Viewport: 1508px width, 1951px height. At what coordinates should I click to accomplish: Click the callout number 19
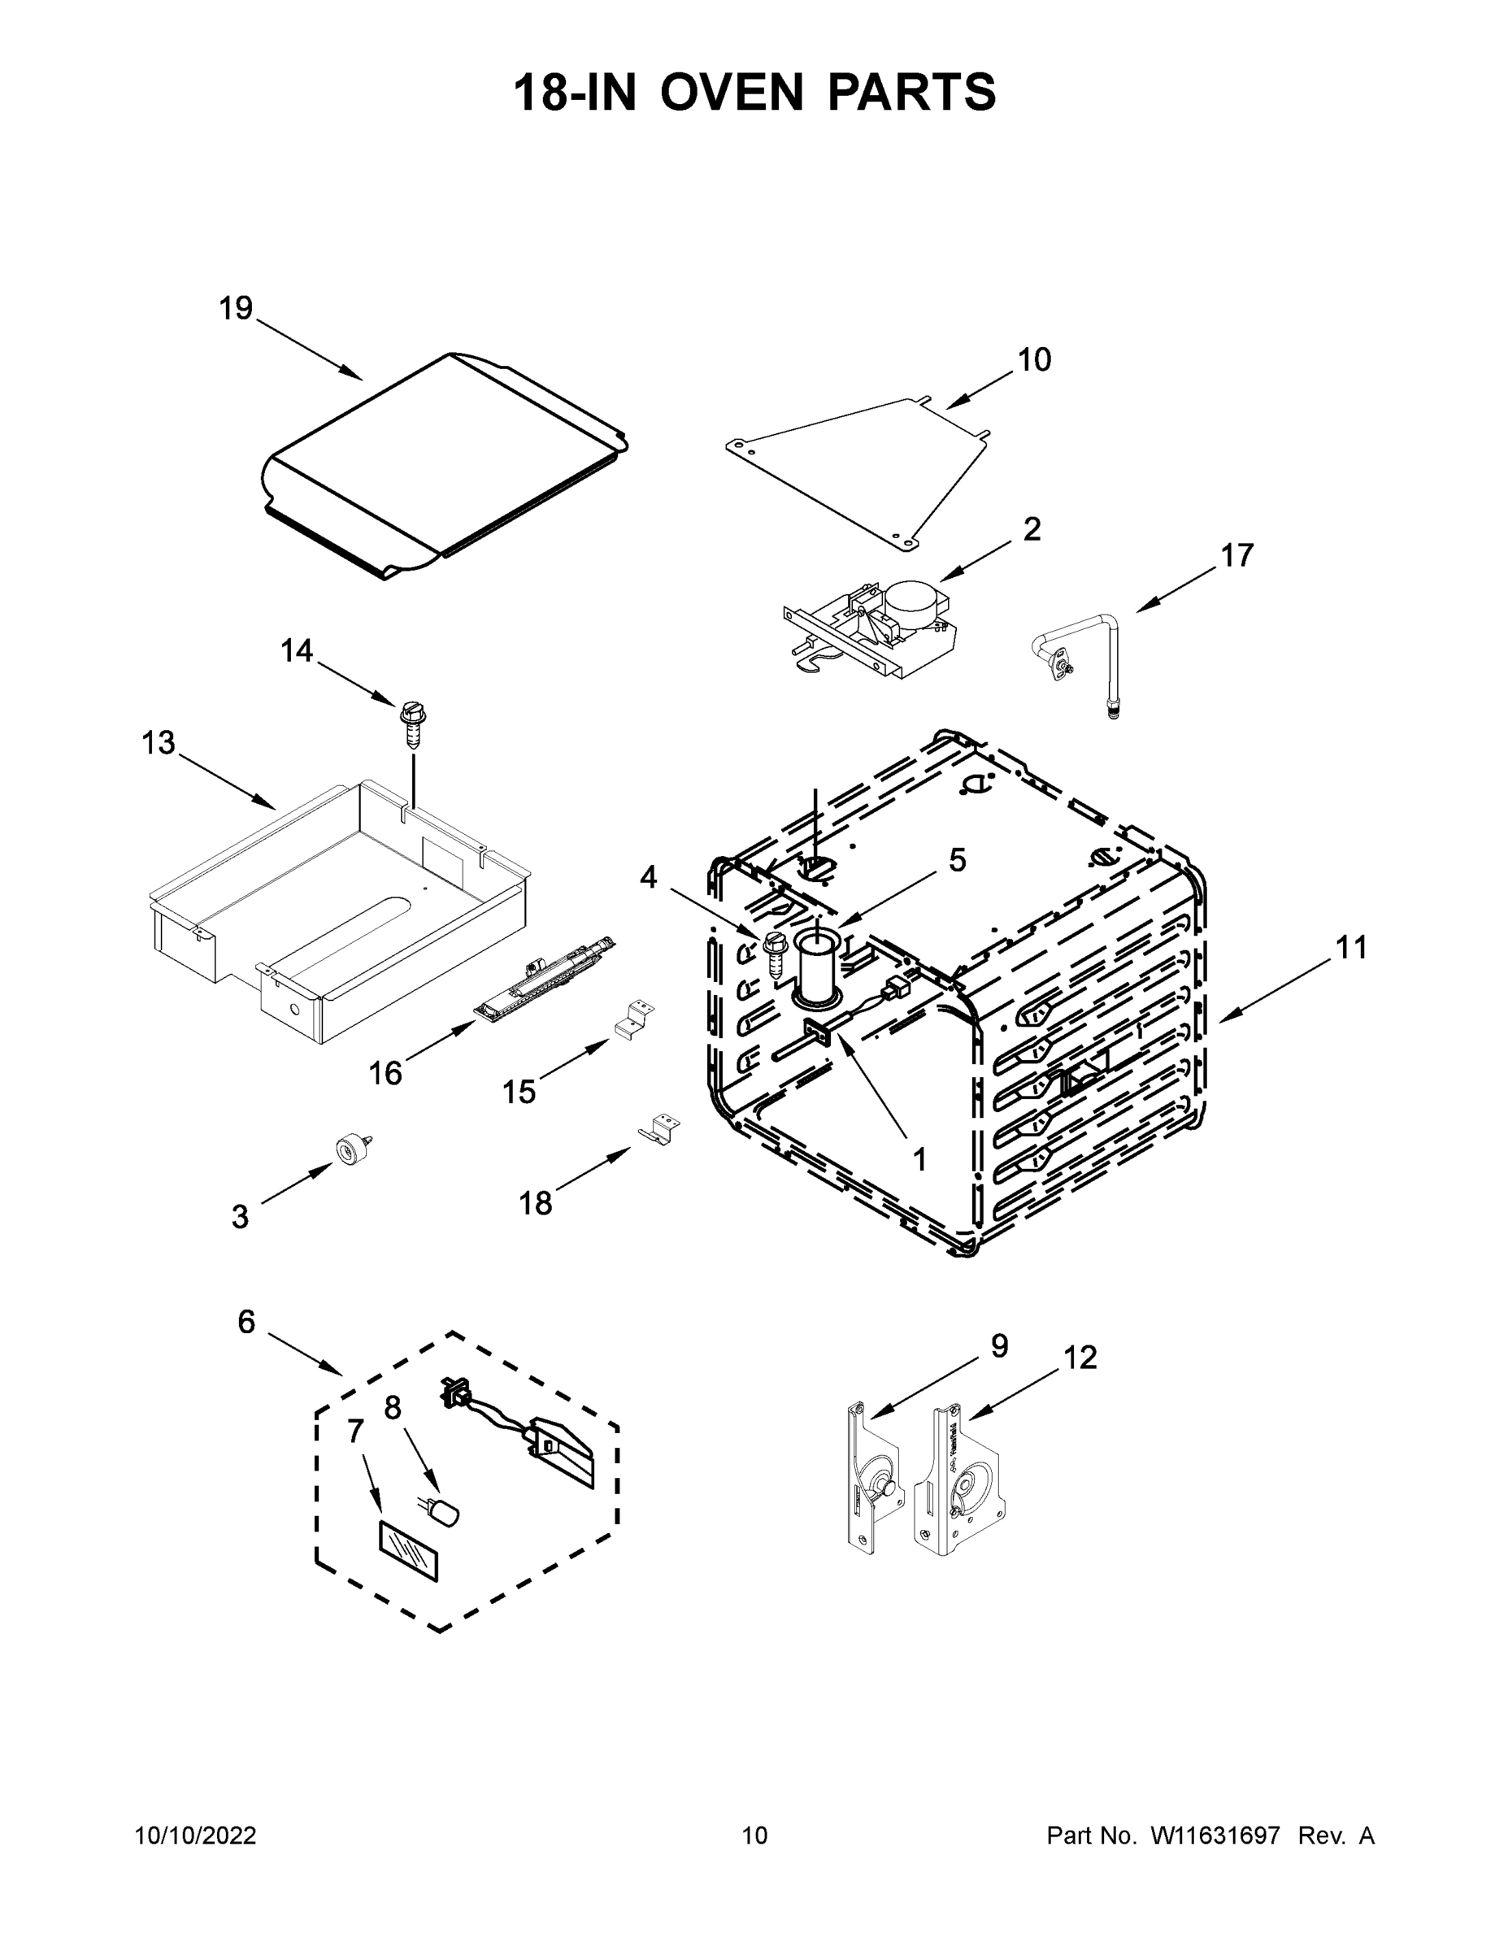point(236,309)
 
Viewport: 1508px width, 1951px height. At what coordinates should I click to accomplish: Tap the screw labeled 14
point(413,725)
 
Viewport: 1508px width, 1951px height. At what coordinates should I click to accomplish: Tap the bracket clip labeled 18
point(659,1128)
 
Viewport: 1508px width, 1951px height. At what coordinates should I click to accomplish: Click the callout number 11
point(1351,948)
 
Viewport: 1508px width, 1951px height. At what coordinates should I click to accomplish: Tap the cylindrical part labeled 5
point(815,965)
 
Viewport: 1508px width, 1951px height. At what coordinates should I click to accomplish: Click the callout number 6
point(246,1322)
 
